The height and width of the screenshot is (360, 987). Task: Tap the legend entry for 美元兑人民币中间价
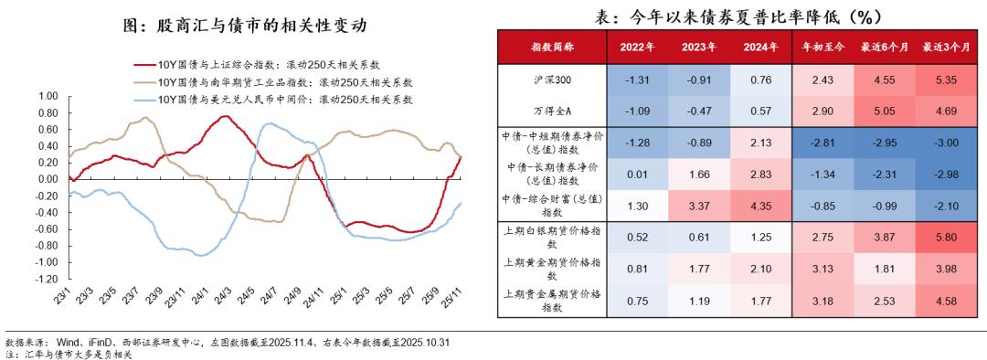point(284,96)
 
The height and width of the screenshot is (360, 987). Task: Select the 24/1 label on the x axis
point(198,298)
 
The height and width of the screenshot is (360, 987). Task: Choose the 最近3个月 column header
point(945,47)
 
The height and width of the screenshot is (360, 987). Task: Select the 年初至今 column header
point(822,47)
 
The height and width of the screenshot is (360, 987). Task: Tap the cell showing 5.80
point(945,237)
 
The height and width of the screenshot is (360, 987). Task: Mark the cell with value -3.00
point(945,143)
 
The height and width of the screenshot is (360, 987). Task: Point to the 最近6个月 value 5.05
point(884,111)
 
